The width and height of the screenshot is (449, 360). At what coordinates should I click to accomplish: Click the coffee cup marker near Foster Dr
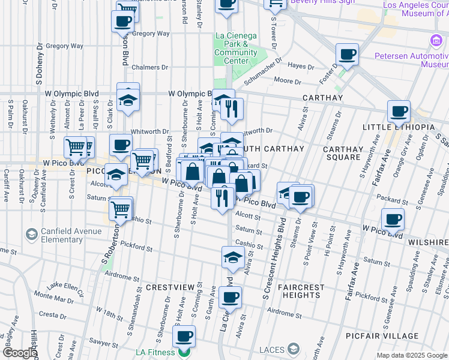pos(347,55)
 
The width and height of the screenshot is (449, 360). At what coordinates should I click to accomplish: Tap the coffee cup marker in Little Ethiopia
pos(399,112)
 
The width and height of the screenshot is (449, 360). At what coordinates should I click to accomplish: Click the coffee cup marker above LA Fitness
pos(184,336)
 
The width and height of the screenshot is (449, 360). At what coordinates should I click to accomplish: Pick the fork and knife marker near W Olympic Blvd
pos(232,109)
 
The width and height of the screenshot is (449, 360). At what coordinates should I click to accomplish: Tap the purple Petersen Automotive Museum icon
pos(435,41)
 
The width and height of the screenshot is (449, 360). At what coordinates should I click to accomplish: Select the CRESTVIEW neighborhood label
pos(164,287)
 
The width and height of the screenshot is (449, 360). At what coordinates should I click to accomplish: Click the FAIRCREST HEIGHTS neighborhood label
pos(301,291)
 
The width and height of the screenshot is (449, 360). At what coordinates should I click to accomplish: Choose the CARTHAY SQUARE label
pos(343,154)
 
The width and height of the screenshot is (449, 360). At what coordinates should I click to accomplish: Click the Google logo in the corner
pos(19,353)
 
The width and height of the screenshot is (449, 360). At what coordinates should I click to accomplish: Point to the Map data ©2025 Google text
pos(412,355)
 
